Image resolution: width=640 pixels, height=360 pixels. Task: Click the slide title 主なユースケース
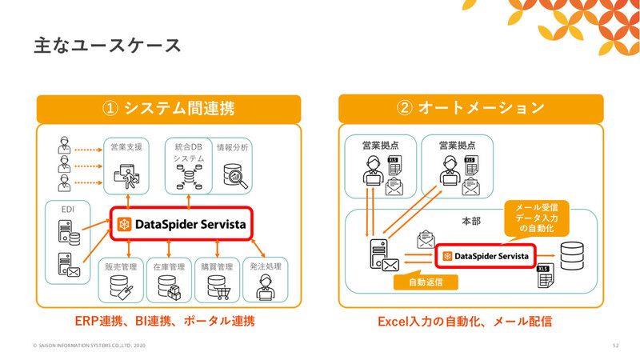coord(107,46)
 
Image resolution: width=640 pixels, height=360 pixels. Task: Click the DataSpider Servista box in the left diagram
coord(181,223)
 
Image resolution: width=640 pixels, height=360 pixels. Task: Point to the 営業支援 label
coord(126,148)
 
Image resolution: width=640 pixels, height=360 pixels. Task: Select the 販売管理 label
coord(122,266)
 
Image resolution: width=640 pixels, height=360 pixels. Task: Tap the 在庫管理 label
coord(169,266)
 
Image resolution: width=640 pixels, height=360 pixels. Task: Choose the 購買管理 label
coord(216,266)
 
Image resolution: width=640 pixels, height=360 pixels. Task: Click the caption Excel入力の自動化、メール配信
coord(468,322)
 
